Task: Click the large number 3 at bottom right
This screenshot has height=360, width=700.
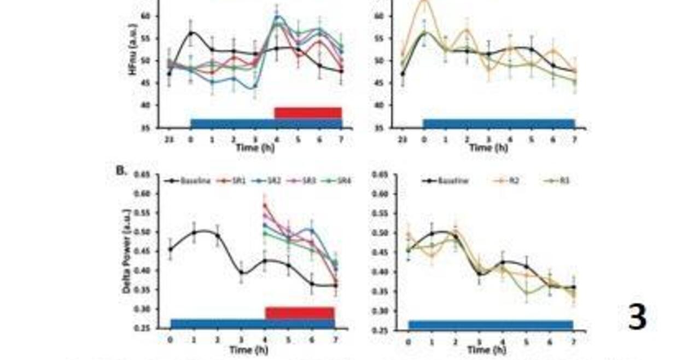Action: pyautogui.click(x=637, y=316)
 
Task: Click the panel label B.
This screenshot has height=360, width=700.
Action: pyautogui.click(x=121, y=170)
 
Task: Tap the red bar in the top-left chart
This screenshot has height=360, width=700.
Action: pyautogui.click(x=308, y=112)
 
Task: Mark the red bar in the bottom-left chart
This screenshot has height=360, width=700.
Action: pyautogui.click(x=300, y=312)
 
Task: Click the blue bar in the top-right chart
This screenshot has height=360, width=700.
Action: pyautogui.click(x=499, y=123)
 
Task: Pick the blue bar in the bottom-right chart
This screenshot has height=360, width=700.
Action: pyautogui.click(x=491, y=324)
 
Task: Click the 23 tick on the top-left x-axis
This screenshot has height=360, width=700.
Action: pyautogui.click(x=168, y=138)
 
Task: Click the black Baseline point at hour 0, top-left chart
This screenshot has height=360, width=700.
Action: pyautogui.click(x=191, y=33)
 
